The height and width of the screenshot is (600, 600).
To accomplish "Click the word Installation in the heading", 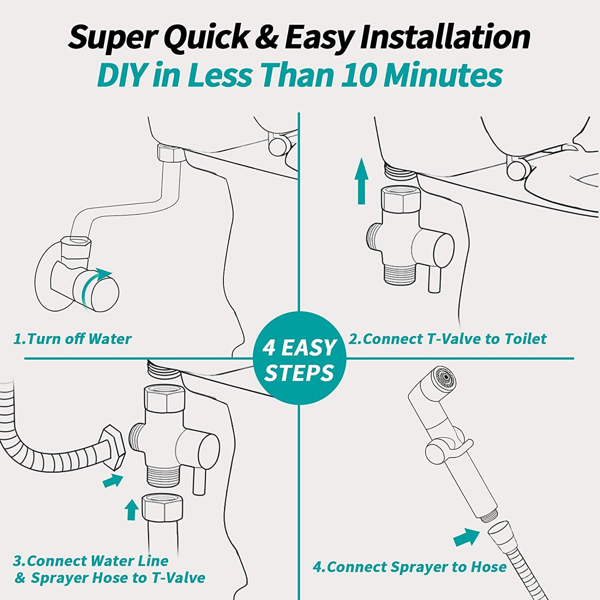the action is (445, 38).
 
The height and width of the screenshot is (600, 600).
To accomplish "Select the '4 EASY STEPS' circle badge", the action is (299, 358).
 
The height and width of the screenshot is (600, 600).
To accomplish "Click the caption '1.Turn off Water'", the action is (72, 339).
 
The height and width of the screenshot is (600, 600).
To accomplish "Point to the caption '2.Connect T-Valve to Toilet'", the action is (447, 339).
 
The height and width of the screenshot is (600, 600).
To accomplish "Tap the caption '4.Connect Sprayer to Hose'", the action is (409, 567).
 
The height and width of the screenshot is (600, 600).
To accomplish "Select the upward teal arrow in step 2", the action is (361, 181).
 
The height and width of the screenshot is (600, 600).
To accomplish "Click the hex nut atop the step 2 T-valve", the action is (402, 199).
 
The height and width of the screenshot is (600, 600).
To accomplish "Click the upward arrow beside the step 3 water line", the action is (131, 509).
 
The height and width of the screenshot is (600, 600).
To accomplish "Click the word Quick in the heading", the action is (208, 38).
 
